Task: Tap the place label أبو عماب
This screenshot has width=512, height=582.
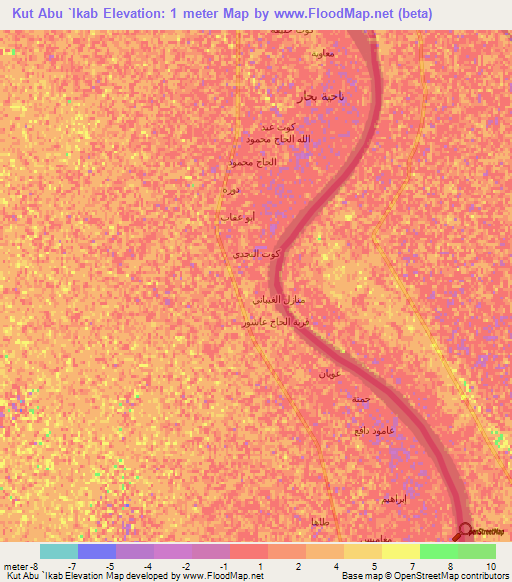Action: (237, 216)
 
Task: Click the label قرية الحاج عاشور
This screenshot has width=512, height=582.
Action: (269, 322)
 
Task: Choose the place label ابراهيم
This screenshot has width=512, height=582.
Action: (395, 497)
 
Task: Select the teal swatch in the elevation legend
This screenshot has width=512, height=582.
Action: (59, 551)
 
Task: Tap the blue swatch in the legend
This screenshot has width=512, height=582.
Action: (97, 551)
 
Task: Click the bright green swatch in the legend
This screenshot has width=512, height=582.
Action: (438, 551)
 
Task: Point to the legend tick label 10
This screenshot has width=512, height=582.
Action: (491, 566)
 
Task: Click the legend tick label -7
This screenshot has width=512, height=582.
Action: (72, 566)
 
